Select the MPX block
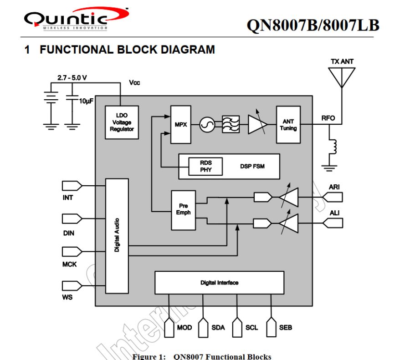(181, 124)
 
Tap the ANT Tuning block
(288, 125)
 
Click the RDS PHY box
(205, 166)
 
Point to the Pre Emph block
(184, 209)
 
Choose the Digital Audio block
(117, 236)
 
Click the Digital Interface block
(219, 283)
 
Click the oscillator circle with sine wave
(207, 124)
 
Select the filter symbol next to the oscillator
(231, 124)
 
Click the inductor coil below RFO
(334, 147)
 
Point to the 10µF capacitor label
(86, 101)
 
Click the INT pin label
(68, 198)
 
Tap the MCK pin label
(69, 264)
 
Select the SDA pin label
(218, 328)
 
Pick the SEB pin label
(286, 328)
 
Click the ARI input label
(334, 187)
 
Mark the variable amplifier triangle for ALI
(288, 223)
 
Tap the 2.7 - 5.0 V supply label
(72, 77)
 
